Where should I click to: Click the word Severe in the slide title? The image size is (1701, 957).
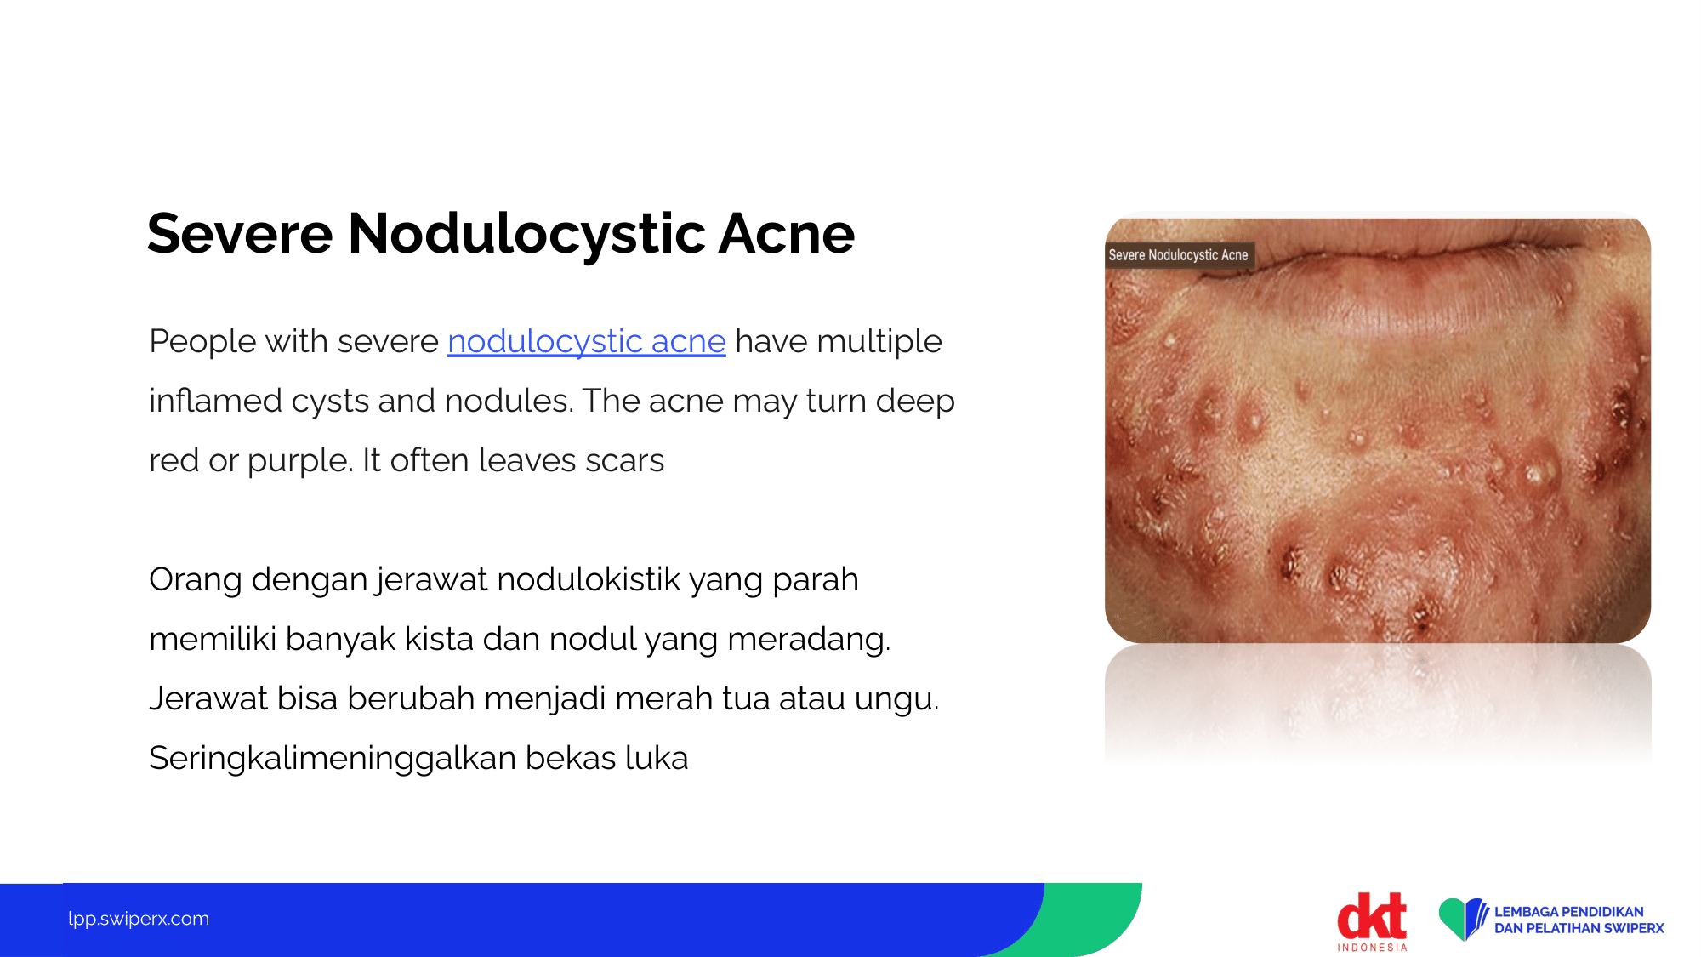[240, 233]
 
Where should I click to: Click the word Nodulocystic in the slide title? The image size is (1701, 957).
[526, 235]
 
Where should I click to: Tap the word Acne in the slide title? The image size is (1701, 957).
[787, 233]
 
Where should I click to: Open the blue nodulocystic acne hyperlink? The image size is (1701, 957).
[586, 342]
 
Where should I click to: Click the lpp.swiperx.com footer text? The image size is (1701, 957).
[139, 919]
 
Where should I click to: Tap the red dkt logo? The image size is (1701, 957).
[1372, 915]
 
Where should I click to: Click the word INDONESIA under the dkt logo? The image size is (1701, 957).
[1372, 947]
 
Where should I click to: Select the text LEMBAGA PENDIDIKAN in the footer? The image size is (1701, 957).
[1569, 912]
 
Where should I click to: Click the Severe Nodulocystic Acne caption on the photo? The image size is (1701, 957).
[1179, 255]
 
